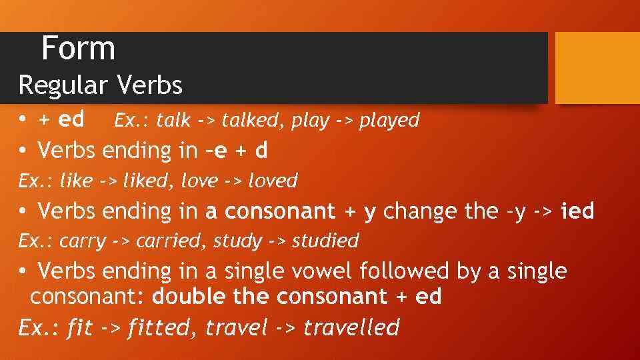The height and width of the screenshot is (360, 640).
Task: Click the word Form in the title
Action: click(x=78, y=49)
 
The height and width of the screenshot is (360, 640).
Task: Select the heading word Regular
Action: click(x=63, y=85)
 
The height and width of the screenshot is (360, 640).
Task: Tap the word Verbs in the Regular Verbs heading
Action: click(x=149, y=85)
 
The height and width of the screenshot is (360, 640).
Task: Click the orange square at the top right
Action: click(x=597, y=68)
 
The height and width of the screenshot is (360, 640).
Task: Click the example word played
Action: click(x=389, y=121)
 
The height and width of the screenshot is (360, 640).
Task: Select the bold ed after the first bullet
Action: click(x=71, y=120)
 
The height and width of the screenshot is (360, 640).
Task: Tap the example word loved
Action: click(x=273, y=181)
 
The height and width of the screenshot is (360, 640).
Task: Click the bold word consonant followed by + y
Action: click(x=280, y=211)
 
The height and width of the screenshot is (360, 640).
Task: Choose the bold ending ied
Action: click(x=577, y=211)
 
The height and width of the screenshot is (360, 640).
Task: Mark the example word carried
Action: click(x=166, y=241)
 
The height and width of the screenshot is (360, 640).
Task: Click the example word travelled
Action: click(x=351, y=328)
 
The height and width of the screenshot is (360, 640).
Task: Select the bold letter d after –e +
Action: click(x=261, y=151)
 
